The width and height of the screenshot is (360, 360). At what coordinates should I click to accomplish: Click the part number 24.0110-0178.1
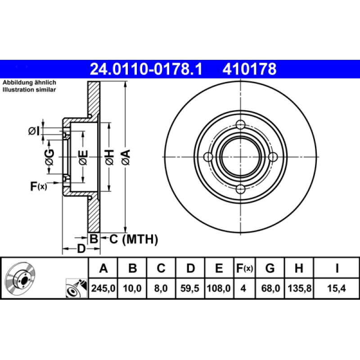tap(146, 69)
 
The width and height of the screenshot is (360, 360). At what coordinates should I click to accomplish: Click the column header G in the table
tap(270, 269)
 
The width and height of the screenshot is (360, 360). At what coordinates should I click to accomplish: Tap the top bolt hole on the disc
tap(241, 125)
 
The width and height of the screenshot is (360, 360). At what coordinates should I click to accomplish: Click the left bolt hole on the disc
tap(208, 157)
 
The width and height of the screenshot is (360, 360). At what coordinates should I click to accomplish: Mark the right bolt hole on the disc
tap(273, 157)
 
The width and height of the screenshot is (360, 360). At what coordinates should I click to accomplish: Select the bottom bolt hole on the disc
tap(241, 189)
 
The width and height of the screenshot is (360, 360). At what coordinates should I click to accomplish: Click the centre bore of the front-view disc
tap(241, 157)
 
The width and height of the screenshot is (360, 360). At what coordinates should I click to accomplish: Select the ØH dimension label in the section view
tap(109, 157)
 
